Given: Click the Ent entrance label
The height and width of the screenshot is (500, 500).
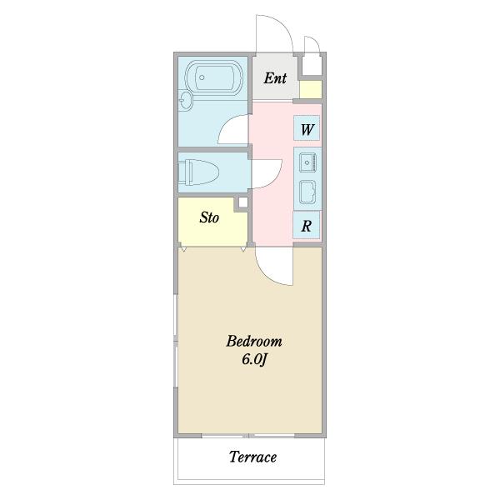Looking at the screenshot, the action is point(275,78).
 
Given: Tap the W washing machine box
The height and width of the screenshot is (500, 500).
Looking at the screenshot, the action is point(307,128).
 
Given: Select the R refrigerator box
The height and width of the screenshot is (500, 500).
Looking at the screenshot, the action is point(307,225).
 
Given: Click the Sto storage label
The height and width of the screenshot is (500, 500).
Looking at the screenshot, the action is point(209,217).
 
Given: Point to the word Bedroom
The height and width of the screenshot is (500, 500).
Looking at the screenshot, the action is point(254,341).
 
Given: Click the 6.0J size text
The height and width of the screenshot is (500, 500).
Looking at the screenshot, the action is point(254,360).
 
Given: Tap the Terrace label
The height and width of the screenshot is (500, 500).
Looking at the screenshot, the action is point(252,457).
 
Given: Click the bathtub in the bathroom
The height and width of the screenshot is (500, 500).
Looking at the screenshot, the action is point(214,77).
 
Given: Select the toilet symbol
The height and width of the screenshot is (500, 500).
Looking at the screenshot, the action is point(198,172).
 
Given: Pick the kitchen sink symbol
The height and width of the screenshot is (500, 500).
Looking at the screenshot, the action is point(307,162).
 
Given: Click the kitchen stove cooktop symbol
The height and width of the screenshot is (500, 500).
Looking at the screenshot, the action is point(307,192).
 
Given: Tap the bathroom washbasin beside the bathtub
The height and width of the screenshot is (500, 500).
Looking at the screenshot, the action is point(185,100).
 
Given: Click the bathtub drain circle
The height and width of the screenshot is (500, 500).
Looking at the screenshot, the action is point(202,77).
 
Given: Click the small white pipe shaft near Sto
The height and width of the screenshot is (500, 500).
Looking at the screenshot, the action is point(243,202).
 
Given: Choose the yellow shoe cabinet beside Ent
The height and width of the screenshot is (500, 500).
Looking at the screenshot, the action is point(310,90).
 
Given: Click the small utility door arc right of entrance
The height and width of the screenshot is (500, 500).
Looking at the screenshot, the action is point(316,42).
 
